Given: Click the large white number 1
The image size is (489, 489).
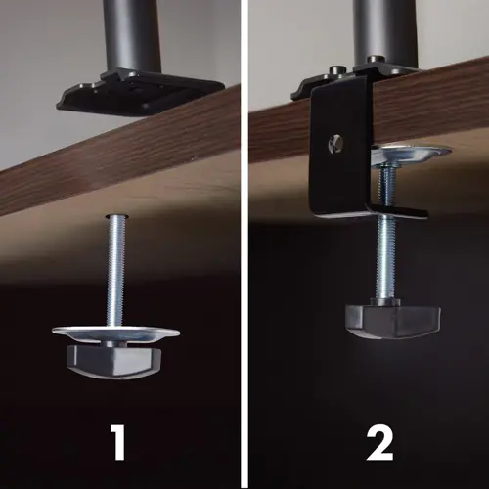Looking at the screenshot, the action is click(x=118, y=442).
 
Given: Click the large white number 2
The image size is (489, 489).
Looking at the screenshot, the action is click(x=379, y=443).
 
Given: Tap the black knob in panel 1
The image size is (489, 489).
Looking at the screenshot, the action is click(x=113, y=361).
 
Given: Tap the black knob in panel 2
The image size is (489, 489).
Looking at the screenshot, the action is click(x=393, y=320).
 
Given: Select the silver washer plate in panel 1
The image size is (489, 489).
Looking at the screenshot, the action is click(x=115, y=334).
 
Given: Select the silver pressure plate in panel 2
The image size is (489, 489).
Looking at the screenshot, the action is click(x=412, y=155).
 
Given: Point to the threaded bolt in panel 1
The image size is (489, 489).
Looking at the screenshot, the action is click(x=116, y=271).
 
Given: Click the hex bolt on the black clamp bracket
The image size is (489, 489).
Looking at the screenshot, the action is click(x=336, y=144).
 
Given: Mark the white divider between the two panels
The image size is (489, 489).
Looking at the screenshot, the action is click(x=244, y=244).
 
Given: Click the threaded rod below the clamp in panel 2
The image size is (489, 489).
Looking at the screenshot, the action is click(x=386, y=258).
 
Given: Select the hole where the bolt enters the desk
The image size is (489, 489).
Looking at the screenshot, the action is click(x=116, y=215).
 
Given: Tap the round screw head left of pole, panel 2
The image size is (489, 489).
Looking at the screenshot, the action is click(x=335, y=70).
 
